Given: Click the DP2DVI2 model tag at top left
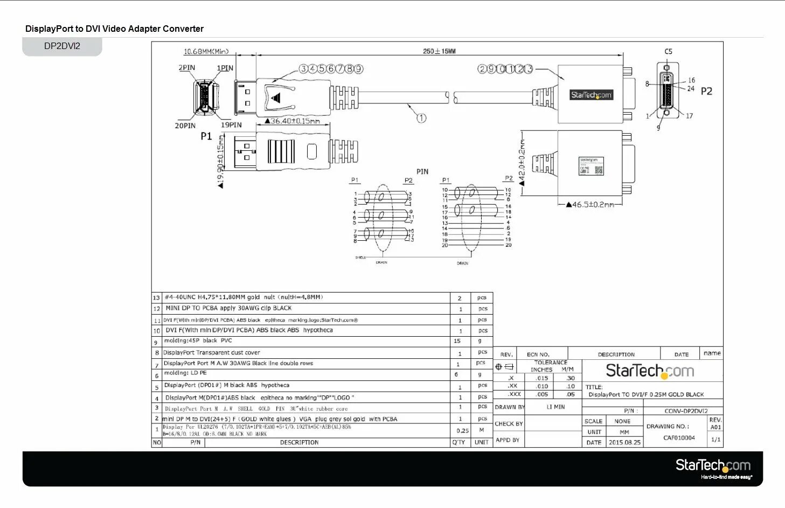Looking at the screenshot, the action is coord(62,46).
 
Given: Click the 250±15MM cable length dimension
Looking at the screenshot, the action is coord(439,51).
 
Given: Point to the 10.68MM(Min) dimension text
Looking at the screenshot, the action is coord(206,52).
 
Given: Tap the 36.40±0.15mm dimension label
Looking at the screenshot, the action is coord(295,121).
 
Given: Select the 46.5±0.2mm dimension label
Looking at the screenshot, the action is coord(589,205).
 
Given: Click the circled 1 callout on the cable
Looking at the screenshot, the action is coord(421,118).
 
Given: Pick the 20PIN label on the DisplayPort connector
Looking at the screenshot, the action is coord(185,126).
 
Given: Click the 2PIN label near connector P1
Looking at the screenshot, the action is coord(187,68).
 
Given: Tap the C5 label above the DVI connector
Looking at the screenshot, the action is coord(668,52).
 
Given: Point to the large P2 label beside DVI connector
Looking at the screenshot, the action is coord(706,92).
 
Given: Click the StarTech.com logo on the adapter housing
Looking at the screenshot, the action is coord(591,95).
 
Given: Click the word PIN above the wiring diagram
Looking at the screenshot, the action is coord(422,171).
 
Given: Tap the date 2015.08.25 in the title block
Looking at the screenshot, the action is coord(624,442).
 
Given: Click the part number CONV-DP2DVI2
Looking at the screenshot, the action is coord(686,411).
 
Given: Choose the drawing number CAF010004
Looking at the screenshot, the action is coord(679,438).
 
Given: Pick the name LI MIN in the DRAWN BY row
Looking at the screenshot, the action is coord(555,407).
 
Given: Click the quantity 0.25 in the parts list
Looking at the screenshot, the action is coord(462,430).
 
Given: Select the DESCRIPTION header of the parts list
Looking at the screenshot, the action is coord(299,442).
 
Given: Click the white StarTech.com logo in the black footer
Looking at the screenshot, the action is coord(713,465).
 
